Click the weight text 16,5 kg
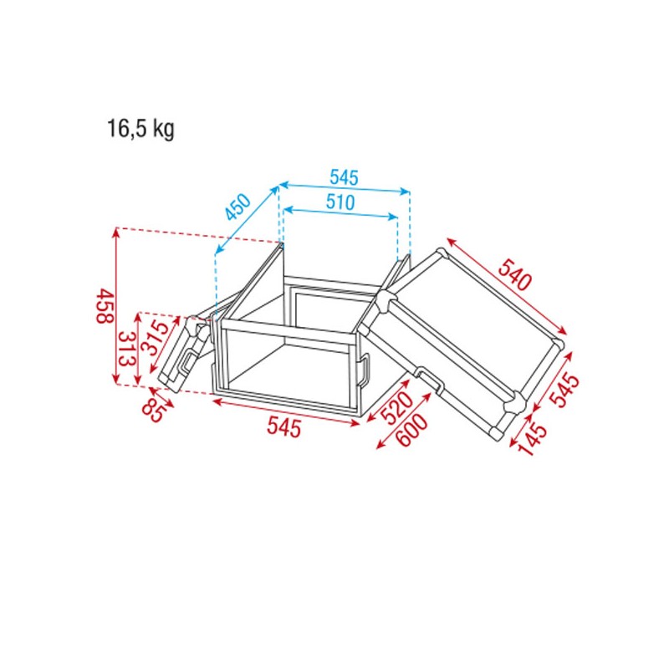pyautogui.click(x=140, y=130)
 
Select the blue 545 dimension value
pyautogui.click(x=344, y=177)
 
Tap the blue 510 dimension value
pyautogui.click(x=340, y=202)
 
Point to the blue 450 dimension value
pyautogui.click(x=238, y=207)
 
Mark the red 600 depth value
pyautogui.click(x=411, y=432)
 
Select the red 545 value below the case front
pyautogui.click(x=283, y=427)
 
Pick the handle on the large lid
pyautogui.click(x=432, y=380)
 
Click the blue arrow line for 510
pyautogui.click(x=340, y=215)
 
